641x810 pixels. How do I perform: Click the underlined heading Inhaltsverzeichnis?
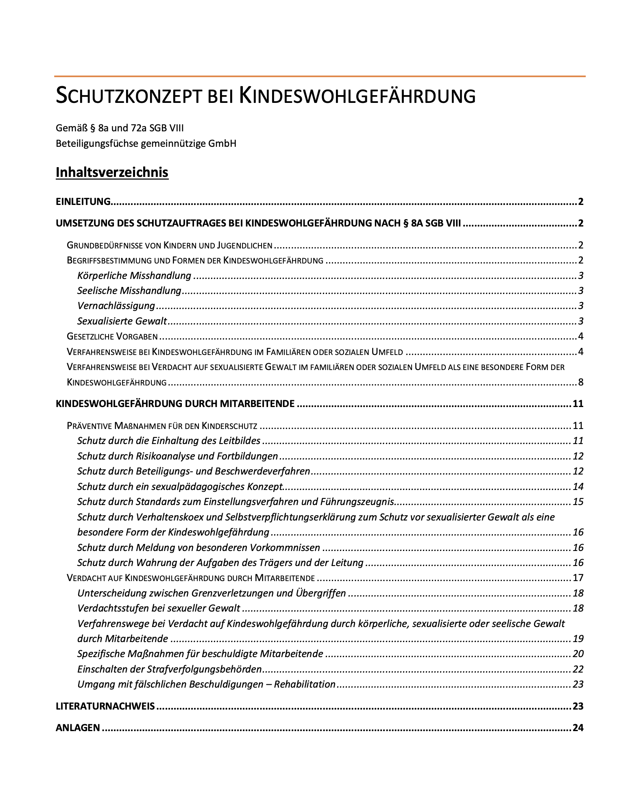tap(112, 172)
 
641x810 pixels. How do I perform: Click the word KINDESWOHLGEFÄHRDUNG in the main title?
tap(357, 96)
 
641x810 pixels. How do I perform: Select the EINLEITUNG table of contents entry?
tap(83, 201)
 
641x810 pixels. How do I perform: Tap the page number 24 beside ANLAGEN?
tap(578, 728)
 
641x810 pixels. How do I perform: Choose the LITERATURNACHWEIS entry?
tap(105, 706)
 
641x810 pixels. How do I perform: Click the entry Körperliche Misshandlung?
tap(134, 276)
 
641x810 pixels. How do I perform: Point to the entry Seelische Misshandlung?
tap(129, 291)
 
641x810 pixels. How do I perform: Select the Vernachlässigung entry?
tap(116, 306)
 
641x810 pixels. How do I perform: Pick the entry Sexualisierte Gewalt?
tap(122, 321)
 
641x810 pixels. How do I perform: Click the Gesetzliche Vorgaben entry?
tap(112, 336)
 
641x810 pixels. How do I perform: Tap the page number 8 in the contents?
tap(580, 382)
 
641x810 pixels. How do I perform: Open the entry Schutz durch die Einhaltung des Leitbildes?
tap(169, 441)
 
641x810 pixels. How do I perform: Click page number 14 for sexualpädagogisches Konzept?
tap(578, 487)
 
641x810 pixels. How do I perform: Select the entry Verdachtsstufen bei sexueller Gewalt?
tap(159, 608)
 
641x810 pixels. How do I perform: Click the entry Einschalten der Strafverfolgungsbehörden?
tap(169, 669)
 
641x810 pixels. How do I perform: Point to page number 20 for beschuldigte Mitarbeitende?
tap(578, 654)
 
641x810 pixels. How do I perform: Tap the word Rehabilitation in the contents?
tap(305, 684)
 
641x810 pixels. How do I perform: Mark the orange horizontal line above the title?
tap(320, 76)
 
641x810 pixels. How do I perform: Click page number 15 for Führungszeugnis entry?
tap(578, 502)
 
